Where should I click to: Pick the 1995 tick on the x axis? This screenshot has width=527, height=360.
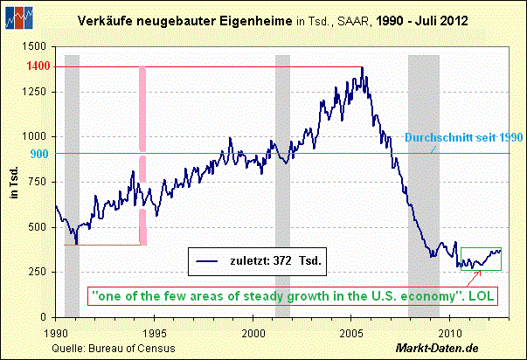154,332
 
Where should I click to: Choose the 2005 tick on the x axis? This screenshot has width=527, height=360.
352,332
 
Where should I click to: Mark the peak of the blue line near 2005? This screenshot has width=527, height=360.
362,68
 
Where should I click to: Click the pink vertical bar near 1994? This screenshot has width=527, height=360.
142,149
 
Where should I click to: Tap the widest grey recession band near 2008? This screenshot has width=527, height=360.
424,175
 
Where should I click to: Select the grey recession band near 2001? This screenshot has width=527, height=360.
282,175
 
